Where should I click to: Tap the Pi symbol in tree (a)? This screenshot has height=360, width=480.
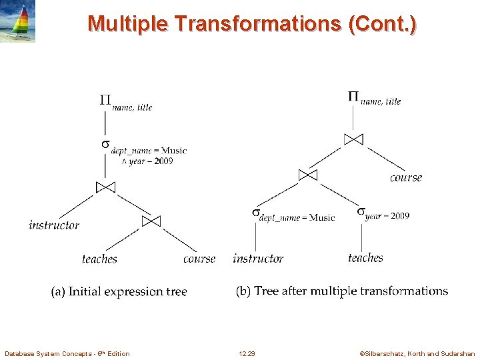click(105, 101)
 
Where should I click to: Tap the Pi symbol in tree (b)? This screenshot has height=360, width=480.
click(353, 96)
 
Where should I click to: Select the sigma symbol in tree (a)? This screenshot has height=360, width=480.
click(105, 144)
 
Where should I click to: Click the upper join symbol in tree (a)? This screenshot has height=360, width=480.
click(105, 187)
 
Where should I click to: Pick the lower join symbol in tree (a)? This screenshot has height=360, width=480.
click(151, 221)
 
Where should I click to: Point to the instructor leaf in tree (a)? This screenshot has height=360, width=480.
click(54, 225)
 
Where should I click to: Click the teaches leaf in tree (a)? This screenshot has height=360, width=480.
click(99, 259)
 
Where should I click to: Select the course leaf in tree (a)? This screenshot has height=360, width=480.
click(199, 259)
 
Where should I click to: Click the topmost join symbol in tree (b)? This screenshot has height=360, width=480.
click(353, 139)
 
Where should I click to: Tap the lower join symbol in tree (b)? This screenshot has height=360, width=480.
click(307, 175)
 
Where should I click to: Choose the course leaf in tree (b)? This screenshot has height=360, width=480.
click(406, 178)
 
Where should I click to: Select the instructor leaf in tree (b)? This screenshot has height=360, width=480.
click(258, 259)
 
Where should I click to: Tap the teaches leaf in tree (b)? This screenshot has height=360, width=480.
click(365, 258)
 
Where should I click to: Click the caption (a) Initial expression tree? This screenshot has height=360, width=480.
click(119, 291)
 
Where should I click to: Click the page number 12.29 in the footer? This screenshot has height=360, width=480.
click(247, 353)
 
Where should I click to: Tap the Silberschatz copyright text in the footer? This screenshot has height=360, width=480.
click(417, 353)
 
